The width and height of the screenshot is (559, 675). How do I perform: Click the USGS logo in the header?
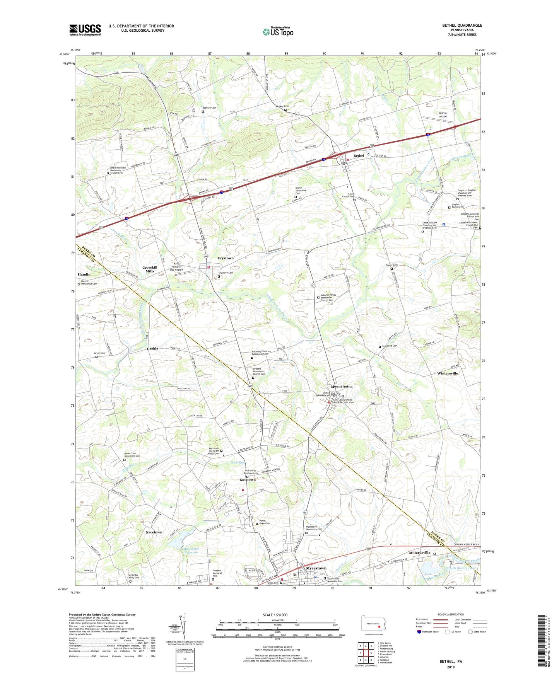(85, 30)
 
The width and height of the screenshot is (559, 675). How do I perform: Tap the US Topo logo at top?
(278, 31)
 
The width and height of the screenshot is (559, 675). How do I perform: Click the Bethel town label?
(359, 156)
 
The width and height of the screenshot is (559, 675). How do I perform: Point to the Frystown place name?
(226, 258)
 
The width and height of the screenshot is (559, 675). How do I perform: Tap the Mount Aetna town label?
(341, 386)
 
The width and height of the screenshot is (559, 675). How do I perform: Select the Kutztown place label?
(248, 480)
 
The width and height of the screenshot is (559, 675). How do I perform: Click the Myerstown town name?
(316, 568)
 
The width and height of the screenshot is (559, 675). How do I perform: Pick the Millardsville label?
(419, 553)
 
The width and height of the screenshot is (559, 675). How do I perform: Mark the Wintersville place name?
(447, 373)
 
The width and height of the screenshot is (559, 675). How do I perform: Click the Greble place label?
(152, 349)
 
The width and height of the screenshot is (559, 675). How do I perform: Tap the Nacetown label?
(154, 532)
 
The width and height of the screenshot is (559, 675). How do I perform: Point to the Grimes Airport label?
(443, 114)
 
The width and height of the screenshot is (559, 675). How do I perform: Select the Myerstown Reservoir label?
(188, 551)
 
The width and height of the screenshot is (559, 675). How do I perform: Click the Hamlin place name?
(84, 274)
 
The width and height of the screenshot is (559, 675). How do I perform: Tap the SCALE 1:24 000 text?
(275, 615)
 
